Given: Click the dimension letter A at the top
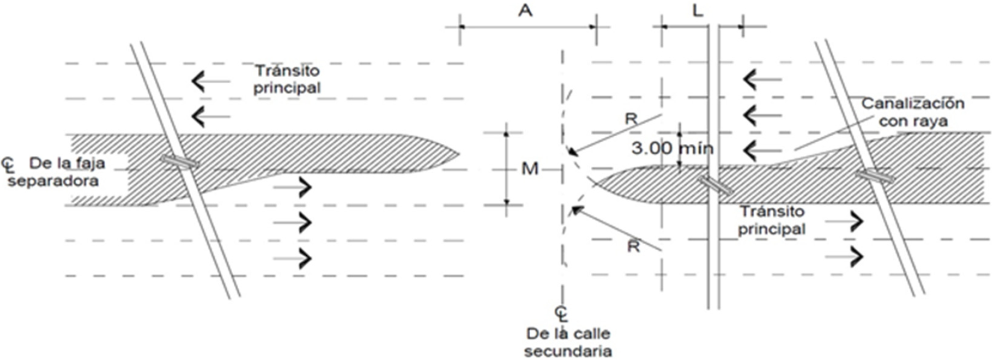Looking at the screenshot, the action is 525,10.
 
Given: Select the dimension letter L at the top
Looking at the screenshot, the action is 698,10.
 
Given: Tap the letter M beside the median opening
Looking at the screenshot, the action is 530,169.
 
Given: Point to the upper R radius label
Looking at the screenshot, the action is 631,119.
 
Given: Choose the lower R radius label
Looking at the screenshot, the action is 634,246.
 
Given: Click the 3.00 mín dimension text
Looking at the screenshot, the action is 672,148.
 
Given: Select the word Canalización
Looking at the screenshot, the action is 913,104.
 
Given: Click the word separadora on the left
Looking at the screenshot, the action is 53,181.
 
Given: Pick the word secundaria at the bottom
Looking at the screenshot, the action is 568,351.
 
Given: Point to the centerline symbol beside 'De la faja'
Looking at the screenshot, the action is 8,164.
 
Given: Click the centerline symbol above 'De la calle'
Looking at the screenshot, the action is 561,314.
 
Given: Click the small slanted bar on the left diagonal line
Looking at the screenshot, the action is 180,161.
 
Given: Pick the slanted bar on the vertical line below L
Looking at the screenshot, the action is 715,185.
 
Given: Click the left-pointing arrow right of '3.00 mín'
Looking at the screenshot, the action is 762,149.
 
